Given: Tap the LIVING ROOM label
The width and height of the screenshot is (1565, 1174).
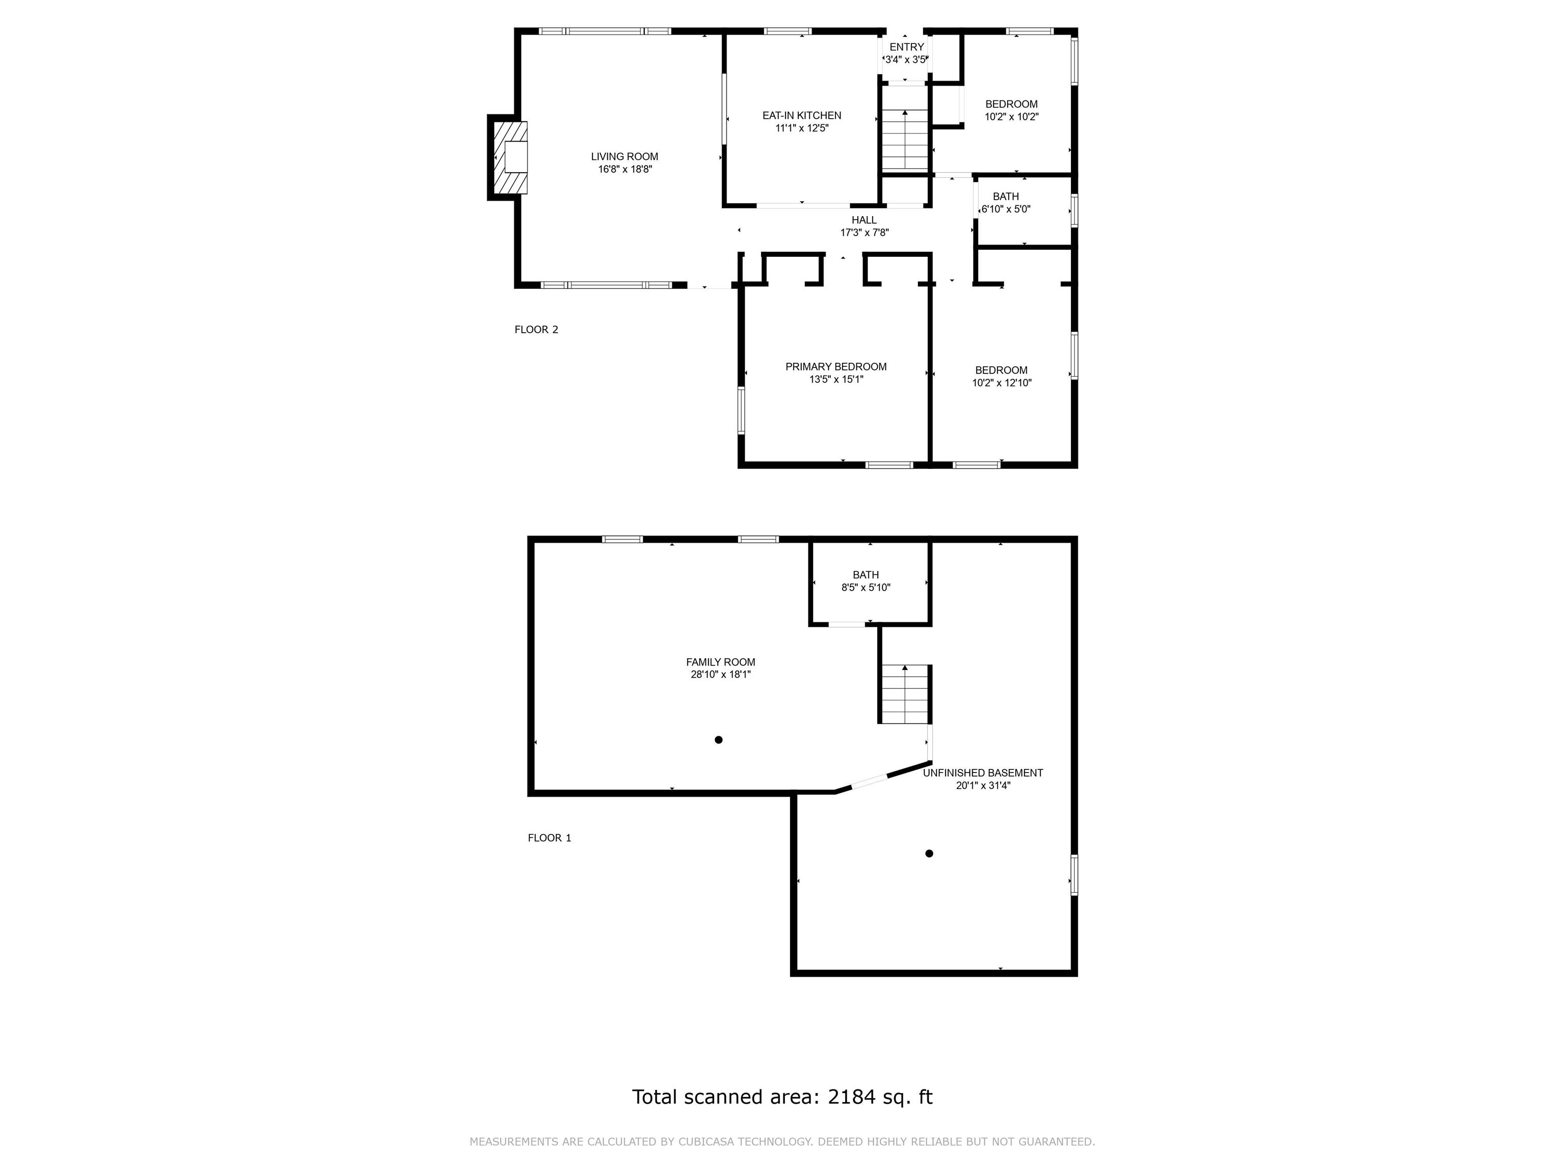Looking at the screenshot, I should click(x=624, y=156).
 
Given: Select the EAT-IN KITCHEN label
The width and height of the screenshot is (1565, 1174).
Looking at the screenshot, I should click(x=801, y=115).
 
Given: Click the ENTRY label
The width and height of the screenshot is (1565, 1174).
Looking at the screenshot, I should click(x=906, y=47).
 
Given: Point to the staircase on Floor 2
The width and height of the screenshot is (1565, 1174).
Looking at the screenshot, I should click(x=904, y=140).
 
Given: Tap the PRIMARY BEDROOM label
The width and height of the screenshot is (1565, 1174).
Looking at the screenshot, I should click(x=835, y=366).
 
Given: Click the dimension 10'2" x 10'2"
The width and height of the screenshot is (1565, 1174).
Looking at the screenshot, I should click(x=1011, y=117).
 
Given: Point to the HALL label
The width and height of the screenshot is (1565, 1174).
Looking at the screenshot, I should click(x=864, y=220).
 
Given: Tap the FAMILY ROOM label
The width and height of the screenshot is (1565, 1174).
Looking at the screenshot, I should click(x=720, y=662).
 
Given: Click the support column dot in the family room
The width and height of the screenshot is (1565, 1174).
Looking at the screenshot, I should click(x=718, y=739).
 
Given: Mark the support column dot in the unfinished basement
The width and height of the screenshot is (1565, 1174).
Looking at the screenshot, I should click(x=929, y=853).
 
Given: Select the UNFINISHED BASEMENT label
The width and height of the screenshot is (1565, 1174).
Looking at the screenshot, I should click(x=983, y=773).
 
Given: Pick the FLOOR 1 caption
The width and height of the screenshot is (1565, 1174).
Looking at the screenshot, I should click(x=549, y=838).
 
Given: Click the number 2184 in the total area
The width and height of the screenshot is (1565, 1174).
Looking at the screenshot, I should click(x=852, y=1097).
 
